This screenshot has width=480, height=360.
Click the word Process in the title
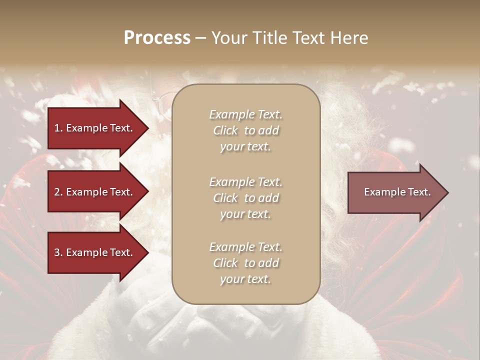[x=157, y=38]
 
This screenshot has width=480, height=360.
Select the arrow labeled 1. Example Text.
[x=95, y=128]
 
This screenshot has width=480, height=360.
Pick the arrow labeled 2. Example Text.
[x=95, y=192]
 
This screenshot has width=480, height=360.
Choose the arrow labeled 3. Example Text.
[x=95, y=252]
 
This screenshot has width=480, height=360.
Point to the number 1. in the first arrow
[x=58, y=128]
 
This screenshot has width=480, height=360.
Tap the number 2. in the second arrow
[x=58, y=192]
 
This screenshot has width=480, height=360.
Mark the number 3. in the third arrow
[x=58, y=252]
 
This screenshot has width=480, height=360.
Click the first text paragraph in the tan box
[x=245, y=130]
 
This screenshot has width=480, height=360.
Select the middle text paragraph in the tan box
[x=245, y=198]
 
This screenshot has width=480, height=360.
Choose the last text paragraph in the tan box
[x=245, y=263]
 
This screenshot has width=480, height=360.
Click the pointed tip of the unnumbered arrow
[x=446, y=192]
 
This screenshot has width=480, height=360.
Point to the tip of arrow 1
[x=147, y=128]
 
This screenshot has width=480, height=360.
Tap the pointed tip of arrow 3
[x=147, y=252]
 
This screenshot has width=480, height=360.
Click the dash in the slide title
[x=201, y=38]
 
